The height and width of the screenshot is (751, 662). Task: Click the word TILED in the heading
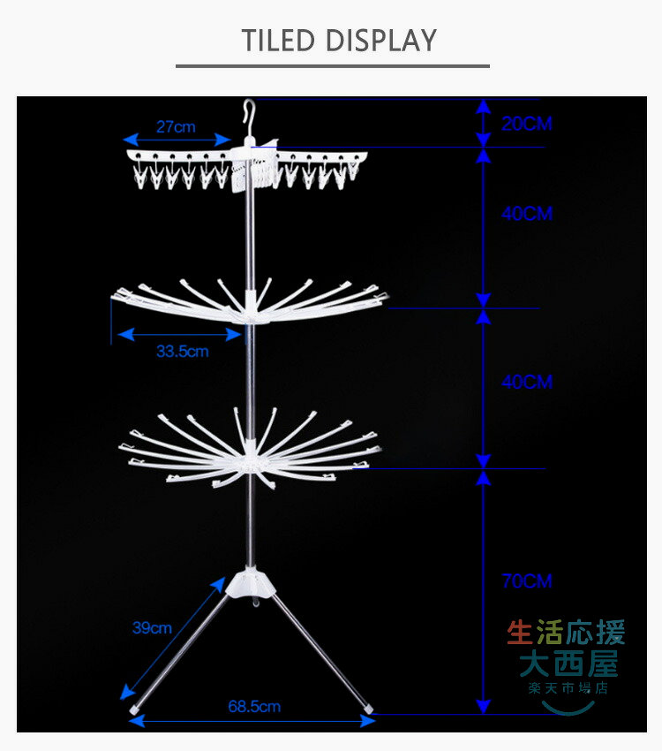pos(280,41)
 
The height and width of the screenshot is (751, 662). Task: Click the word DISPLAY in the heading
pos(381,41)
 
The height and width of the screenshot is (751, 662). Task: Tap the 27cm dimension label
pos(176,126)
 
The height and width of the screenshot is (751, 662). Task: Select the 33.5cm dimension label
pos(183,352)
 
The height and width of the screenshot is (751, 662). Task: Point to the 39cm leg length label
pos(152,628)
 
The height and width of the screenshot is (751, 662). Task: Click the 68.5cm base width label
pos(254,706)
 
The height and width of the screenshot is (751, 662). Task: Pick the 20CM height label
pos(526,124)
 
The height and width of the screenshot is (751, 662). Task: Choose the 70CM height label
pos(526,581)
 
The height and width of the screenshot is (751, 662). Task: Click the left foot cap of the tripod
pos(134,708)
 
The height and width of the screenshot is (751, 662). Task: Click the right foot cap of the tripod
pos(367,708)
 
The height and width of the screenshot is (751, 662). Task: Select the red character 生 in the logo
pos(520,633)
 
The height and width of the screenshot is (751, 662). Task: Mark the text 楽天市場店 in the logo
pos(568,687)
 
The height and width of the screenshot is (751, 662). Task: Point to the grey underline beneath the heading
pos(332,65)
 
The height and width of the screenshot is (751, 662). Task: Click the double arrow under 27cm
pos(177,140)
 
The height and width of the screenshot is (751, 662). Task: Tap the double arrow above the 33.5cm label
pos(179,334)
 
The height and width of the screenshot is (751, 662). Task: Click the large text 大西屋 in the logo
pos(568,662)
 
